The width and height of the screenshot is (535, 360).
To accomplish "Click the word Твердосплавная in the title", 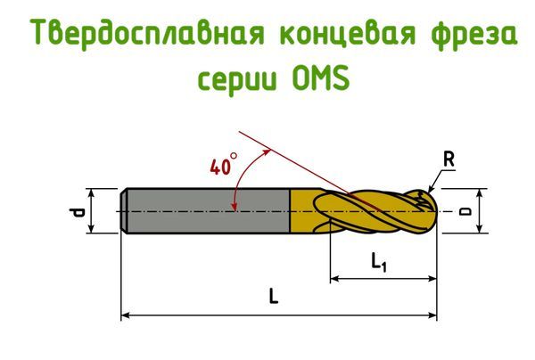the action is [x=147, y=34].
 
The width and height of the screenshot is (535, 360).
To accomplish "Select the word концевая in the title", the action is [x=348, y=34].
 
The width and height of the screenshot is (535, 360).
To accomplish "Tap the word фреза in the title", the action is [x=474, y=34].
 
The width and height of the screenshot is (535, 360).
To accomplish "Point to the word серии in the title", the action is [x=237, y=80].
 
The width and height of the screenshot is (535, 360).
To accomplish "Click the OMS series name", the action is [x=321, y=78].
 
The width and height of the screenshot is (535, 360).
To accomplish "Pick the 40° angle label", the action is [x=223, y=164].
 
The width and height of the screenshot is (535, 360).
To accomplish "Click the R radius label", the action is [x=449, y=160].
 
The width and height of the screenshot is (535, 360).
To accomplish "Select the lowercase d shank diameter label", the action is [x=77, y=211].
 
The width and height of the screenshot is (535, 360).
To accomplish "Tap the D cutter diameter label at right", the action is [x=465, y=211].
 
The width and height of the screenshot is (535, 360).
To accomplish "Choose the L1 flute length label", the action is [x=379, y=262].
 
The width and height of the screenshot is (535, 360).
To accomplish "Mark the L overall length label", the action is [x=274, y=296].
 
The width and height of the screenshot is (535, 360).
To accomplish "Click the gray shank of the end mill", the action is [x=206, y=211].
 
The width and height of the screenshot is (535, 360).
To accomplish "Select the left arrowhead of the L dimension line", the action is [x=125, y=315].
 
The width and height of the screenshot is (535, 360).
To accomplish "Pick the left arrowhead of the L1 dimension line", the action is [x=334, y=279].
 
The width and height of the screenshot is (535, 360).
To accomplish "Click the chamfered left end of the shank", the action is [x=124, y=211].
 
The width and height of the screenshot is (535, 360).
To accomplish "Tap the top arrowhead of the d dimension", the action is [x=91, y=193].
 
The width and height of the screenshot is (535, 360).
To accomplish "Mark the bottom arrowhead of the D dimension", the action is [x=480, y=229].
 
